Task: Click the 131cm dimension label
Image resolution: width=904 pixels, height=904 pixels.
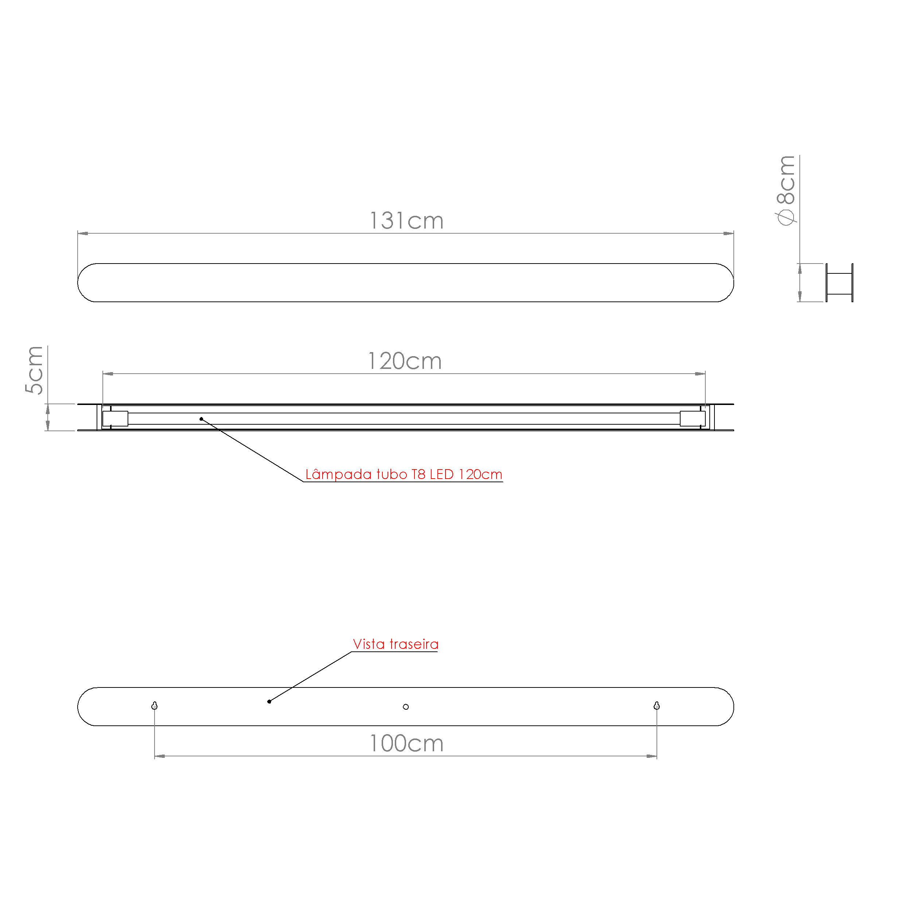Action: [x=406, y=221]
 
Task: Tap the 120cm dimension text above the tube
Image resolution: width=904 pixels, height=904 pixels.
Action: [x=405, y=361]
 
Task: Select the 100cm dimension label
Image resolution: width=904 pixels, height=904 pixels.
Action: [x=406, y=744]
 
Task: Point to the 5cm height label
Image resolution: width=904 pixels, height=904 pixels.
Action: [x=34, y=370]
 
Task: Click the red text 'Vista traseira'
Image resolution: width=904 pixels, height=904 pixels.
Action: [x=395, y=644]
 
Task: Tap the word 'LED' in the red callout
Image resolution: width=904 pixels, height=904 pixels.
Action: [x=442, y=475]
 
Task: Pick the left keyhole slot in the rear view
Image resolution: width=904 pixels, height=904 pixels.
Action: [x=155, y=706]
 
